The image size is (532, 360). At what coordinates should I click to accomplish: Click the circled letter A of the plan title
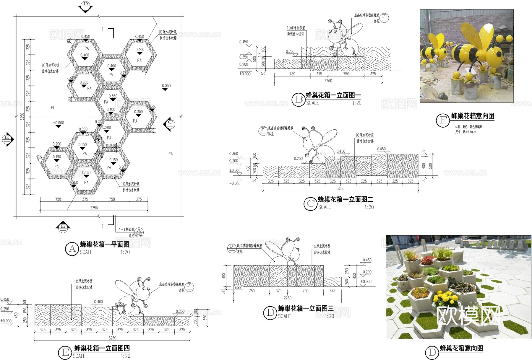(x=72, y=249)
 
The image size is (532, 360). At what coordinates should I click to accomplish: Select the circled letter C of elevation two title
(x=311, y=204)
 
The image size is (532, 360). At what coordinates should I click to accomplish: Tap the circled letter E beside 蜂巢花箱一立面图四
(x=65, y=352)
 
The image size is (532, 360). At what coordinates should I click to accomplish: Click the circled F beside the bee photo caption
(x=443, y=120)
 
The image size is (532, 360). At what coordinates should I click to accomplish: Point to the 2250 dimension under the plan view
(x=94, y=208)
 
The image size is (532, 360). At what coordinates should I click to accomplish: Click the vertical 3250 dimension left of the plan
(x=22, y=117)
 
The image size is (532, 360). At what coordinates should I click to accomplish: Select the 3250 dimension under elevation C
(x=340, y=188)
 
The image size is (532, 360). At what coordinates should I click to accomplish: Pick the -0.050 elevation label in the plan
(x=165, y=86)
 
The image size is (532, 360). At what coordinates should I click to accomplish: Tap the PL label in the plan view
(x=53, y=107)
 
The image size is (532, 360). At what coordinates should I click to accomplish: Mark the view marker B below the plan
(x=63, y=227)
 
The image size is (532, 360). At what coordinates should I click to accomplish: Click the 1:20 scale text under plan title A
(x=125, y=252)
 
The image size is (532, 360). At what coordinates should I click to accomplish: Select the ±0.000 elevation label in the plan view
(x=58, y=123)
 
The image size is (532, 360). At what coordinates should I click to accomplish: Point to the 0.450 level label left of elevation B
(x=244, y=42)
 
